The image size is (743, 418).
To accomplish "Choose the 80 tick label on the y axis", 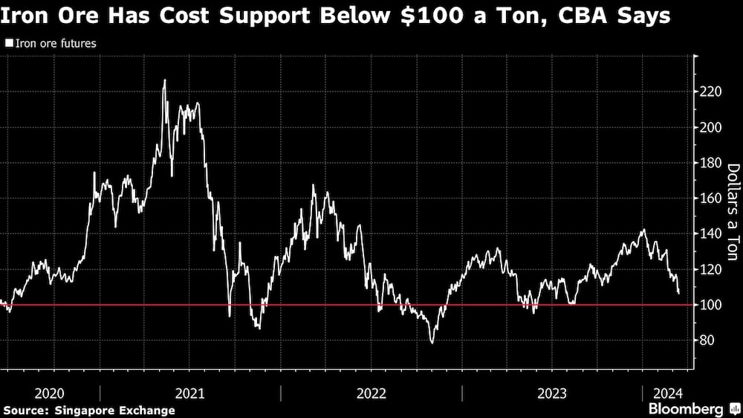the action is coord(707,340).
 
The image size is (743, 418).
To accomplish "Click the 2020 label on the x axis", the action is coord(49,393).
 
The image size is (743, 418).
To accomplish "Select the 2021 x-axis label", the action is coord(189,393).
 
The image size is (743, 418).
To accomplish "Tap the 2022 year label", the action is coord(371,393).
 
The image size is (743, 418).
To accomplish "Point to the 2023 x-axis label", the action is coord(551,393).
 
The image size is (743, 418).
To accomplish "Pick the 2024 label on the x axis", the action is coord(668,393).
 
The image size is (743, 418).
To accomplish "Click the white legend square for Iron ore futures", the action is coord(9,43).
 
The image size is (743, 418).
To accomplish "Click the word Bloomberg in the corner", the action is coord(686,409).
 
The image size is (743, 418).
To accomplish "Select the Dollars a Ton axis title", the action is coord(733,212).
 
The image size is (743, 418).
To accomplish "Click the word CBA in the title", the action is coord(583,16).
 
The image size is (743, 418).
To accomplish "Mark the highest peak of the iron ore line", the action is coord(165,80).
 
